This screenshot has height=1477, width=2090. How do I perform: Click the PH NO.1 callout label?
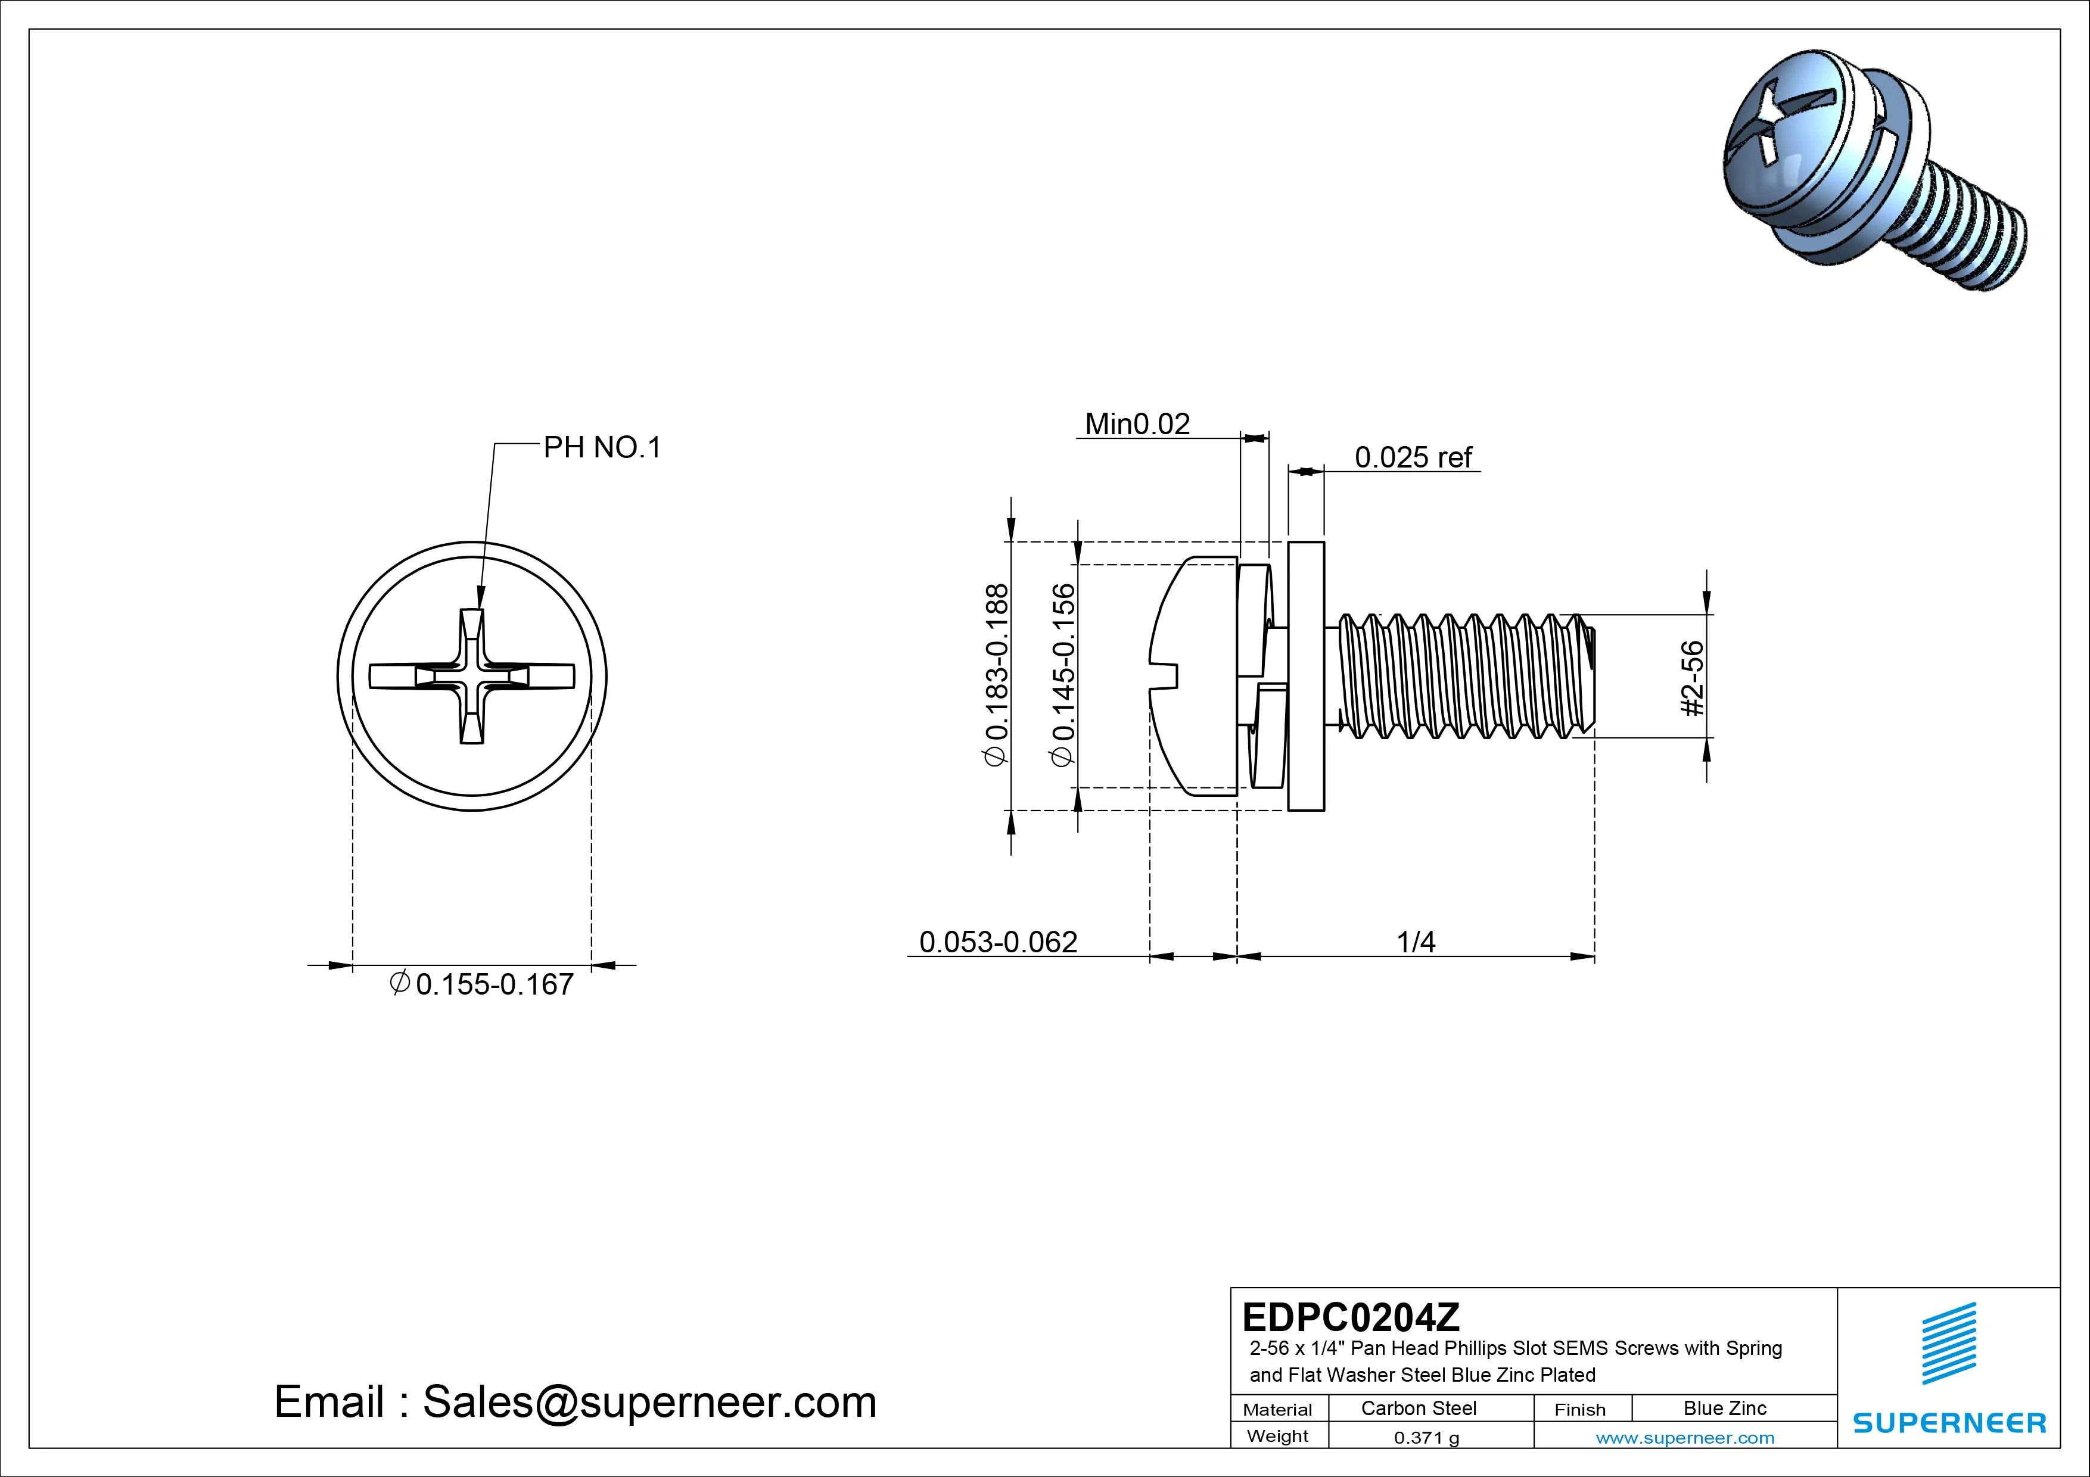point(602,448)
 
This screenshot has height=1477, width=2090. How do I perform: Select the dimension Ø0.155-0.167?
point(483,984)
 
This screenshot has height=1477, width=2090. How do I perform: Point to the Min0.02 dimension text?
point(1137,424)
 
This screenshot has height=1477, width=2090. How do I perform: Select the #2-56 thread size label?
point(1692,678)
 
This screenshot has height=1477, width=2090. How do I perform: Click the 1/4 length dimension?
point(1416,942)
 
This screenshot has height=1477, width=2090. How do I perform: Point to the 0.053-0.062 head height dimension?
point(998,942)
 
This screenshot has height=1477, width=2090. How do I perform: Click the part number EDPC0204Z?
point(1351,1317)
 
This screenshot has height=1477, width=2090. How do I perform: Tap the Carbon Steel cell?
point(1418,1409)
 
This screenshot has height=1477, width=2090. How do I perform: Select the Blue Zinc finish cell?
point(1724,1409)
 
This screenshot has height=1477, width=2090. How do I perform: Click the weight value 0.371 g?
point(1426,1438)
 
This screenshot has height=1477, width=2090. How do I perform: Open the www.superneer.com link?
point(1684,1438)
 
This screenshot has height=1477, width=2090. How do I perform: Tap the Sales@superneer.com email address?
point(649,1403)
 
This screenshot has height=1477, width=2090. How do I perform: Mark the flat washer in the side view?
point(1306,676)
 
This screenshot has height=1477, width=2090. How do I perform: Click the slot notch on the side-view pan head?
point(1166,676)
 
